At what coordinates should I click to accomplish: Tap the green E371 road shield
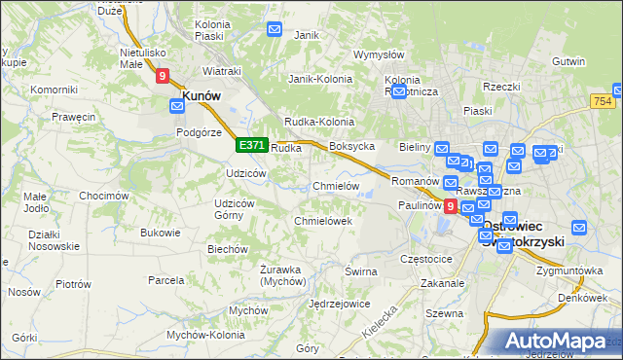251,145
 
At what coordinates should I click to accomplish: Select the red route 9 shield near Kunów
162,74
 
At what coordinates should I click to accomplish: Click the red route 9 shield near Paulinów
450,206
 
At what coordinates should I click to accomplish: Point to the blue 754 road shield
602,101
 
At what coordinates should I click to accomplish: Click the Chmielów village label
336,186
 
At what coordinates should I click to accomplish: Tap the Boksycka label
352,147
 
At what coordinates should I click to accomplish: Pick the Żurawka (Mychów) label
283,275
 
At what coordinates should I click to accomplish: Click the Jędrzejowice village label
337,304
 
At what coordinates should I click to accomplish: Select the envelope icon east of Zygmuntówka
579,228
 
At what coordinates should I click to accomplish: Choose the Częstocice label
426,260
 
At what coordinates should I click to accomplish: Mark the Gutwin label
568,60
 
